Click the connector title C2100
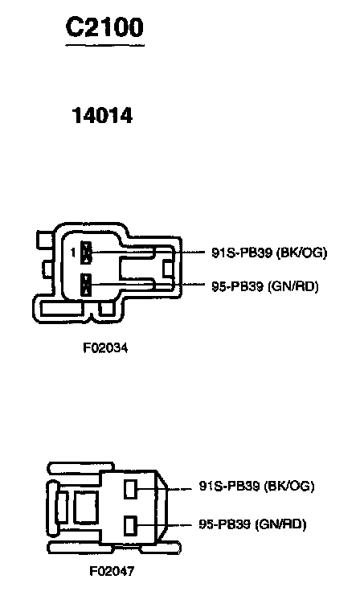(x=104, y=27)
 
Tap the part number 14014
(x=102, y=116)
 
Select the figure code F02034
(x=105, y=347)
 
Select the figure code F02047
(x=112, y=571)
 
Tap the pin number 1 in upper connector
(x=73, y=253)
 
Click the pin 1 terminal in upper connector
(x=87, y=253)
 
